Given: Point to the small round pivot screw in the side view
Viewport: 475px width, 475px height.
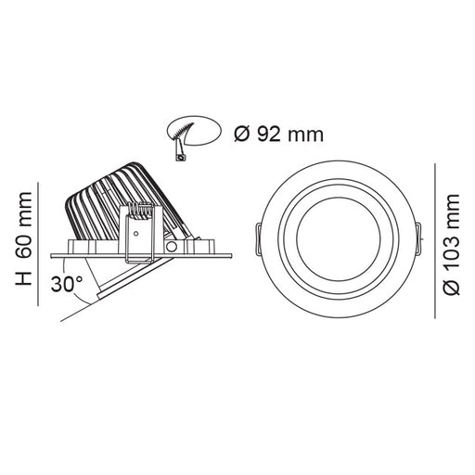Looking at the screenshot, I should [x=173, y=250].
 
